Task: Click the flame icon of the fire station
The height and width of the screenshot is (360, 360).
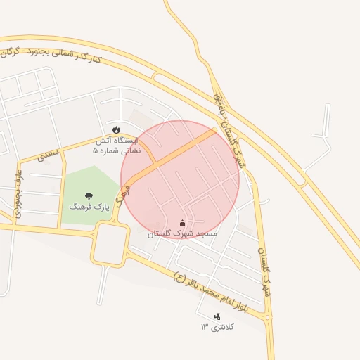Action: click(x=116, y=129)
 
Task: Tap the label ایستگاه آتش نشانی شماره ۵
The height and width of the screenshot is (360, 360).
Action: click(x=117, y=145)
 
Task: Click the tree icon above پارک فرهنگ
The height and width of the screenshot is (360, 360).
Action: click(x=89, y=196)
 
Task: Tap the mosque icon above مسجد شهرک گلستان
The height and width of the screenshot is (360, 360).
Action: click(x=183, y=223)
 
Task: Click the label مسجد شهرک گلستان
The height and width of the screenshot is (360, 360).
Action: click(x=183, y=233)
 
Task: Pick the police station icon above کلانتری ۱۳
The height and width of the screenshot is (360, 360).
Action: click(x=217, y=317)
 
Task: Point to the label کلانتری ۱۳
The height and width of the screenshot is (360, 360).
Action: click(x=217, y=328)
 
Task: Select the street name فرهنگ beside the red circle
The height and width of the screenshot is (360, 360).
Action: click(x=124, y=194)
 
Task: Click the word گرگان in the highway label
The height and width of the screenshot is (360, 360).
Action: click(x=14, y=52)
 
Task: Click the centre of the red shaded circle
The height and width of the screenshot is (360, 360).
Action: click(x=180, y=179)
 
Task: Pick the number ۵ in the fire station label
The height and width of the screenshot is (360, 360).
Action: click(x=96, y=150)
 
